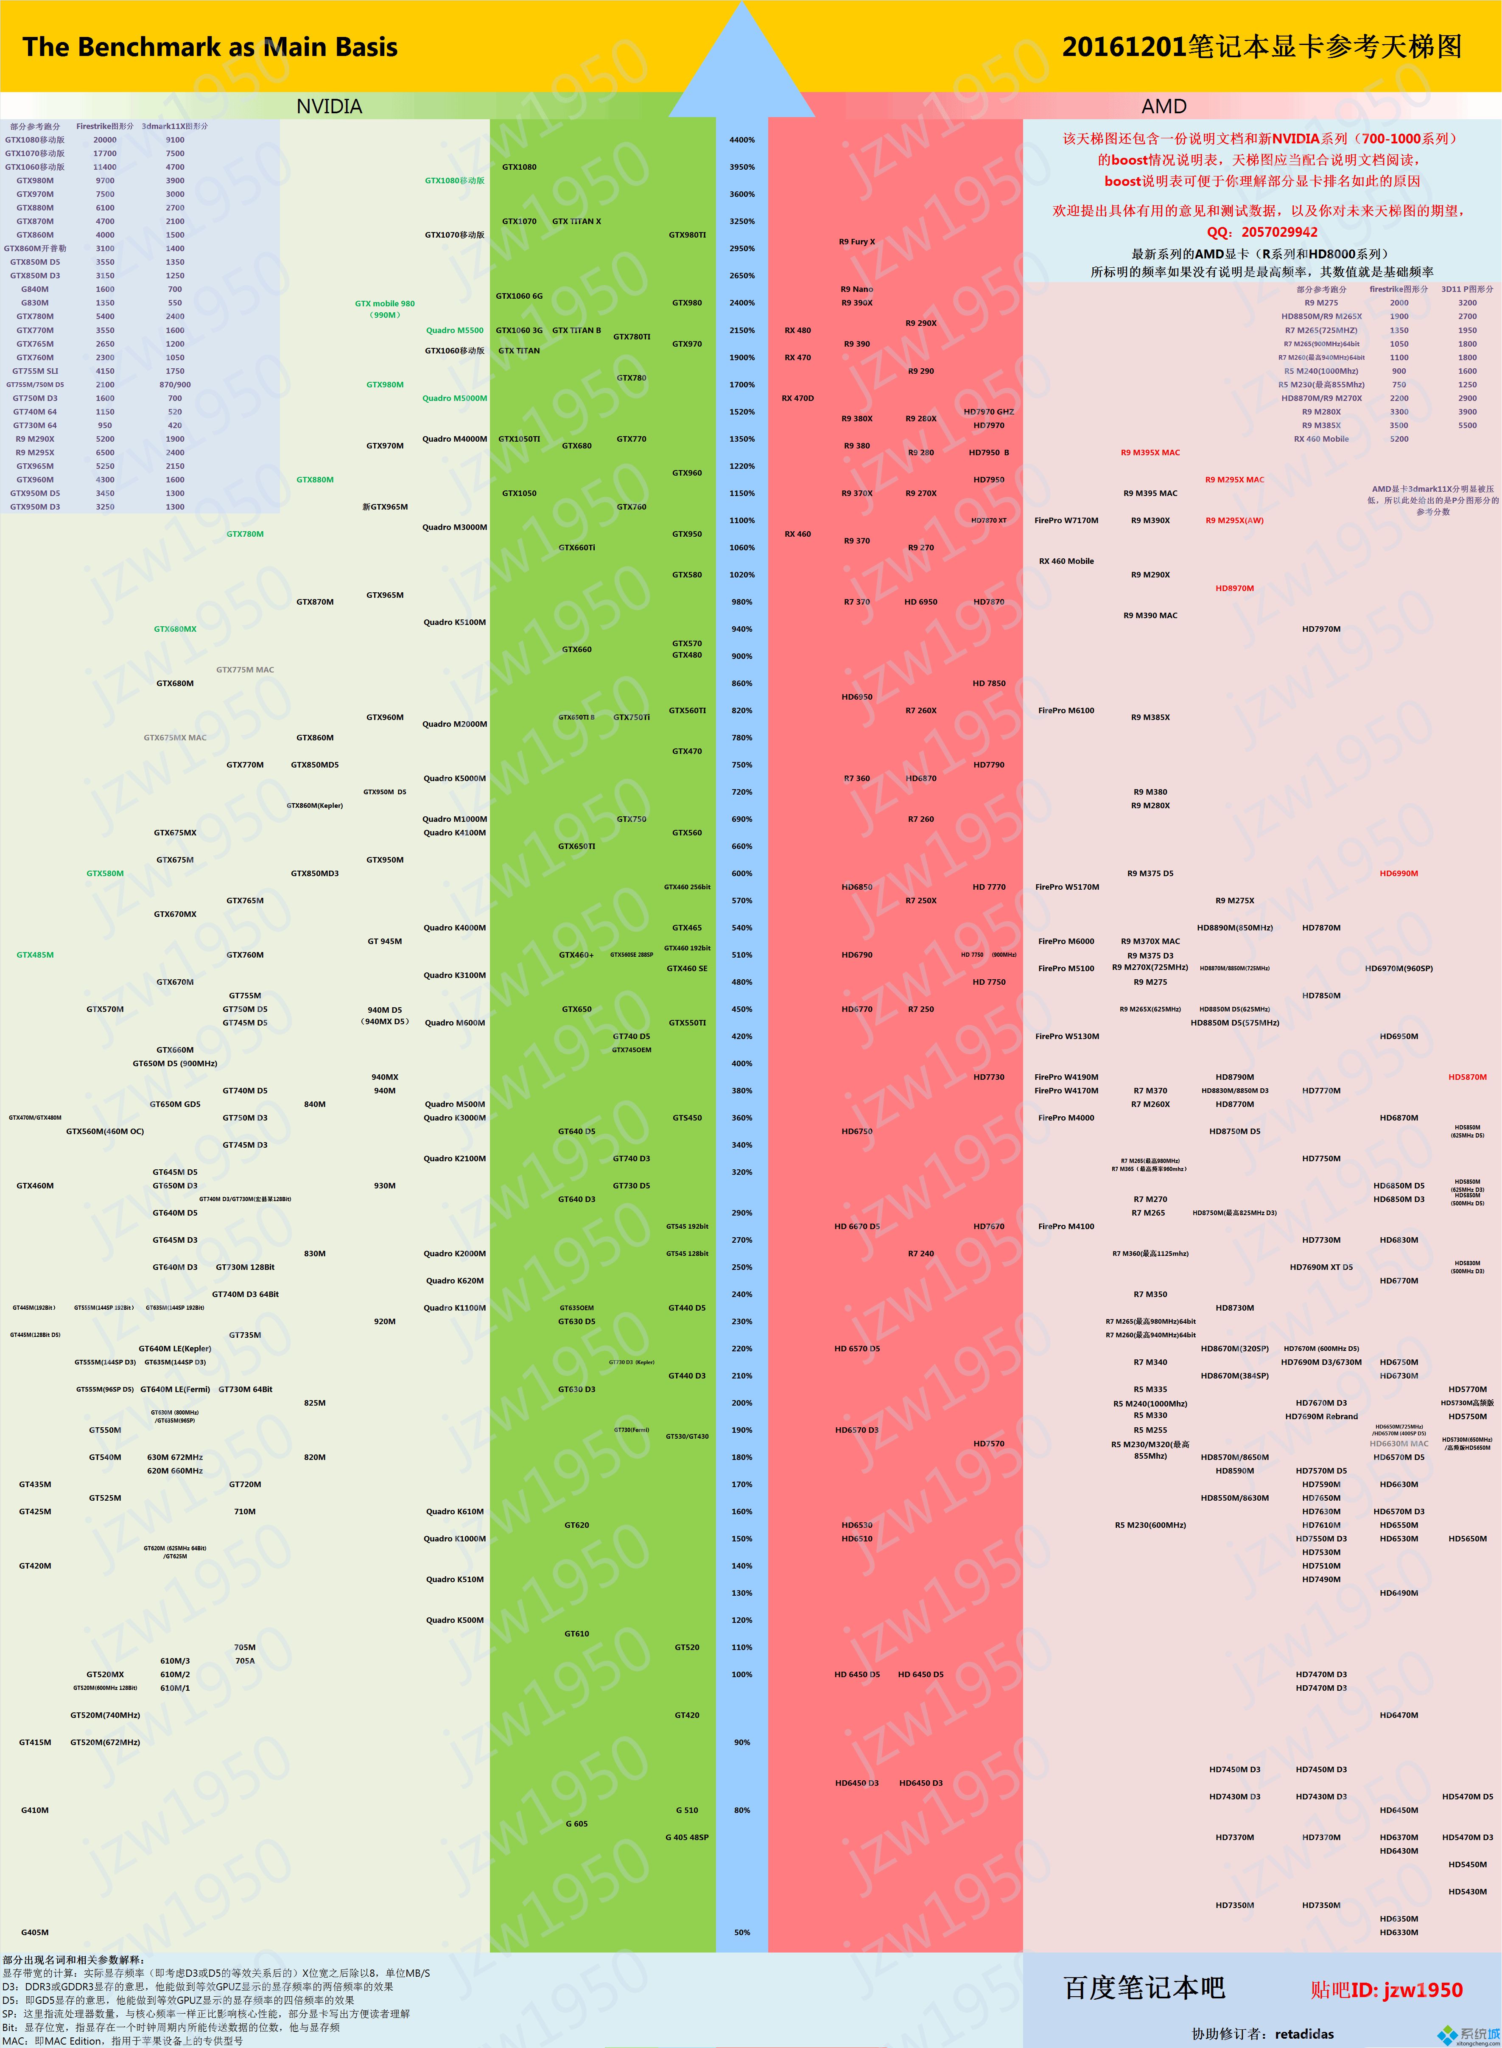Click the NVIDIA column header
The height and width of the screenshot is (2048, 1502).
click(x=329, y=106)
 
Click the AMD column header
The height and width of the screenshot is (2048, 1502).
click(x=1164, y=106)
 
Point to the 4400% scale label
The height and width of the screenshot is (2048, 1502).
click(x=742, y=140)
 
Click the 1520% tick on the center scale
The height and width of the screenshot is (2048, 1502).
click(x=742, y=412)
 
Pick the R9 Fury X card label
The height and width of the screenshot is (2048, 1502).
click(x=856, y=242)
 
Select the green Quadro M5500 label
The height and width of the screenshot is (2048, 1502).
click(x=455, y=330)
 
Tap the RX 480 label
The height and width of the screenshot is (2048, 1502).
click(x=797, y=330)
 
